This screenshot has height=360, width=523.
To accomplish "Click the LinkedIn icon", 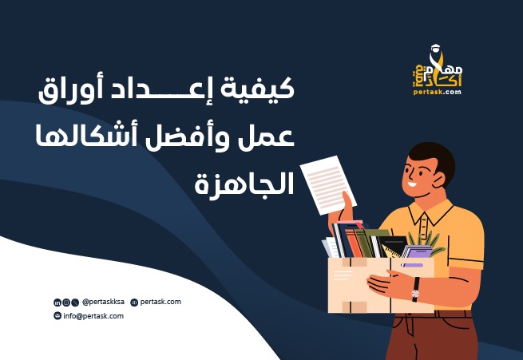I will (x=57, y=303).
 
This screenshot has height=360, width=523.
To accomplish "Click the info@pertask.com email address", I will (x=93, y=316).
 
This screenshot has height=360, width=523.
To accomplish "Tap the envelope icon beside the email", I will (x=57, y=316).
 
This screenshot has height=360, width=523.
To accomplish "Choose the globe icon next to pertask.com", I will (x=133, y=303).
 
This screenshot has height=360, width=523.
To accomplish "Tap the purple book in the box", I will (x=418, y=253).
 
